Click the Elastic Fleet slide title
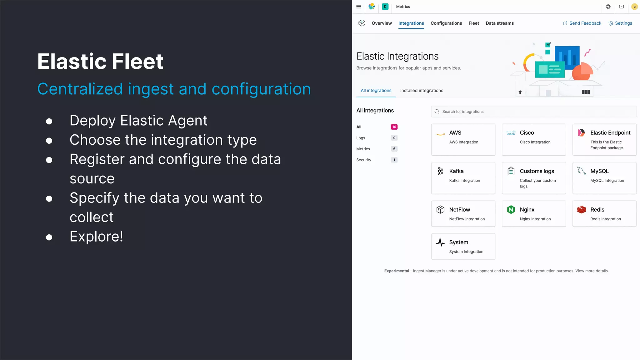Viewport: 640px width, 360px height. pyautogui.click(x=100, y=61)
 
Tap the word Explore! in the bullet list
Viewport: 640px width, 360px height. pyautogui.click(x=96, y=237)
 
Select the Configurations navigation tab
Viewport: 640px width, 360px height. pyautogui.click(x=446, y=23)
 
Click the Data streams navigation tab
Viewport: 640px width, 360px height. pyautogui.click(x=499, y=23)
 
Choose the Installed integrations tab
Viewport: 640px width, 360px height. pyautogui.click(x=422, y=91)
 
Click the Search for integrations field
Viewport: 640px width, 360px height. pyautogui.click(x=534, y=112)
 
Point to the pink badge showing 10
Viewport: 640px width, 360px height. pyautogui.click(x=394, y=127)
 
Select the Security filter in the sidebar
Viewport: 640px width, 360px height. pyautogui.click(x=364, y=160)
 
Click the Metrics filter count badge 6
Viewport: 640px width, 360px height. pyautogui.click(x=394, y=149)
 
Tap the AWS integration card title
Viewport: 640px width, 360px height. pyautogui.click(x=455, y=133)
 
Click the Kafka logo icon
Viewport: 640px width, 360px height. pyautogui.click(x=440, y=171)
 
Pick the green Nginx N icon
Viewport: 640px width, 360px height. pyautogui.click(x=511, y=209)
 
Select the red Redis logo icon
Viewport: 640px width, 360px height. pyautogui.click(x=582, y=209)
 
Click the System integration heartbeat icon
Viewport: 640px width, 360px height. pyautogui.click(x=440, y=242)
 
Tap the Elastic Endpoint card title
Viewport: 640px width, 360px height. pyautogui.click(x=610, y=133)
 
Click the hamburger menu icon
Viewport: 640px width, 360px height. pyautogui.click(x=358, y=7)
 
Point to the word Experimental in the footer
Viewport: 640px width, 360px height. pyautogui.click(x=397, y=271)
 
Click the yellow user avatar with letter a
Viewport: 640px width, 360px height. pyautogui.click(x=634, y=7)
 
